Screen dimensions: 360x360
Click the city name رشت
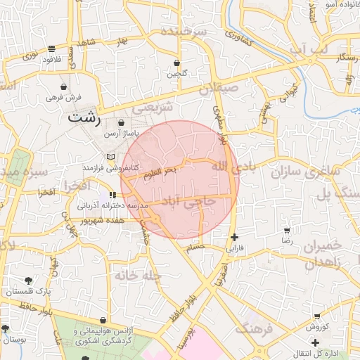pyautogui.click(x=84, y=119)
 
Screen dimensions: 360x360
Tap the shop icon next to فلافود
pyautogui.click(x=52, y=49)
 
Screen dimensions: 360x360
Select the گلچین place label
pyautogui.click(x=177, y=73)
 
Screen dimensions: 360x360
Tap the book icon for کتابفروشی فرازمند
pyautogui.click(x=110, y=156)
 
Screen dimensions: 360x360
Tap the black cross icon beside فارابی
pyautogui.click(x=234, y=237)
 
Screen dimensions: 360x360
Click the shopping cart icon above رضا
pyautogui.click(x=286, y=231)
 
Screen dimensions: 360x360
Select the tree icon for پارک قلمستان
pyautogui.click(x=28, y=281)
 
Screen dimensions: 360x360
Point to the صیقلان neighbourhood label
pyautogui.click(x=219, y=89)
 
